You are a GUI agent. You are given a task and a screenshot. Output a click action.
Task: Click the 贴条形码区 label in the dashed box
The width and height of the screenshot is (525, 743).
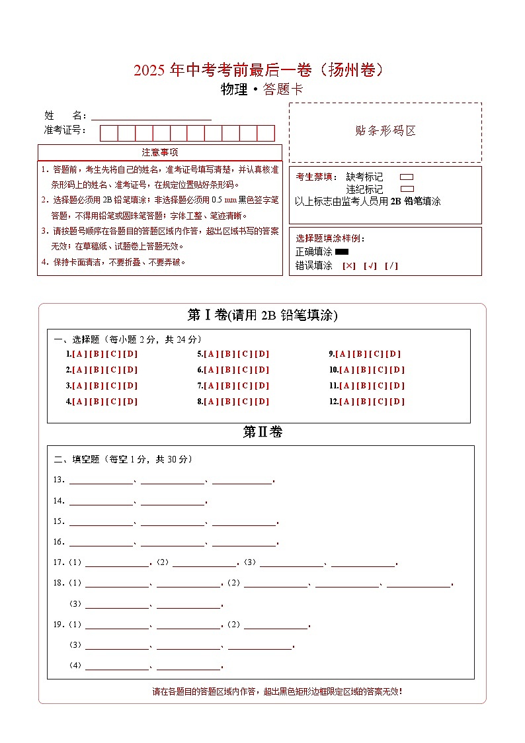click(x=385, y=131)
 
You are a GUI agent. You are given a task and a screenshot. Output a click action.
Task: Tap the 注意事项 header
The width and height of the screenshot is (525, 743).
click(x=160, y=153)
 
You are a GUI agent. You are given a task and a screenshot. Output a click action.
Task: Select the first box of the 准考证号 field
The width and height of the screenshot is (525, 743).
click(x=108, y=133)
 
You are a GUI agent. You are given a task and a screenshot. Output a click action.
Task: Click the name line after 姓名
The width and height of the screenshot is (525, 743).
click(x=151, y=116)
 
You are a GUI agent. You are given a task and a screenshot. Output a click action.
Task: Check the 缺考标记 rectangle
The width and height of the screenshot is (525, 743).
click(x=407, y=177)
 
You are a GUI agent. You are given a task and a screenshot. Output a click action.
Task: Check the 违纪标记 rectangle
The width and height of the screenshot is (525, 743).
click(x=407, y=189)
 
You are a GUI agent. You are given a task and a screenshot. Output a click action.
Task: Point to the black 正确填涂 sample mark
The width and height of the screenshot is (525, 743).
click(x=342, y=252)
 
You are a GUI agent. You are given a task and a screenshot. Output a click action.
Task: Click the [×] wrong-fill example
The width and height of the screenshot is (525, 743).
click(x=348, y=266)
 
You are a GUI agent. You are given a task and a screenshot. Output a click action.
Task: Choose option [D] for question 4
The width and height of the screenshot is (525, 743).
click(x=131, y=402)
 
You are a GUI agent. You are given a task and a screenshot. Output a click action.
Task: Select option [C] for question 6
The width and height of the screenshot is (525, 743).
click(x=245, y=370)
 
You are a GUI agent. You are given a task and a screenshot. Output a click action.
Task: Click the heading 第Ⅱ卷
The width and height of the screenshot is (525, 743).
click(x=262, y=433)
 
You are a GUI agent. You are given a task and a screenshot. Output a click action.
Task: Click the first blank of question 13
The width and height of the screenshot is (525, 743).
click(x=101, y=480)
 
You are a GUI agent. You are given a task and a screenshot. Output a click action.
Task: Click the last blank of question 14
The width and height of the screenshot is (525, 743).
click(x=173, y=501)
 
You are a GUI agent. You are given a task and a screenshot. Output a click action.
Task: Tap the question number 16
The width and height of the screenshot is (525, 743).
click(x=58, y=543)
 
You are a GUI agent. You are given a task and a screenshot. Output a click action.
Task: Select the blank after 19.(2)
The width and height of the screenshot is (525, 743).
click(x=276, y=625)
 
